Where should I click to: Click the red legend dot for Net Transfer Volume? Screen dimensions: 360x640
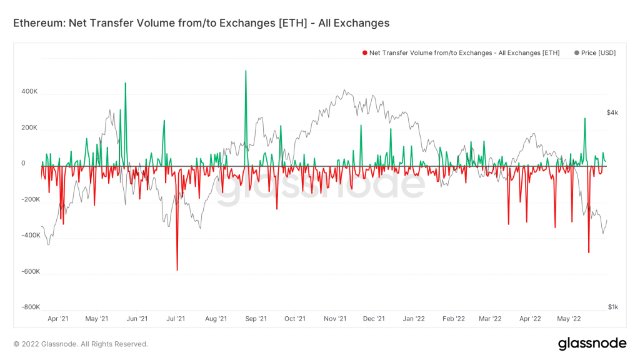(365, 53)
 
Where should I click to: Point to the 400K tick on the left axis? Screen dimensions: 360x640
(30, 92)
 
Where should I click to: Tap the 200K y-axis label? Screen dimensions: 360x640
(30, 128)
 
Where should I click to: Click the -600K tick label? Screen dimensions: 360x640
(29, 272)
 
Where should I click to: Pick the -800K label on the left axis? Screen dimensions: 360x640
(29, 307)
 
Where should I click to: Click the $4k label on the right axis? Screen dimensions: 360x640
(612, 112)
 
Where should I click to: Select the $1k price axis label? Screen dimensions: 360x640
(612, 307)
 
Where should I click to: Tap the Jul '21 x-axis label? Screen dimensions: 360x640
(176, 319)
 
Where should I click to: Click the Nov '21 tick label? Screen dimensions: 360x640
(335, 319)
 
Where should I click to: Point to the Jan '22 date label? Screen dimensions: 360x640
(414, 319)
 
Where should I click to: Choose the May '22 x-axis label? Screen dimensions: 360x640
(568, 319)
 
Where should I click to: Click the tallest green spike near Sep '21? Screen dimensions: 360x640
(246, 71)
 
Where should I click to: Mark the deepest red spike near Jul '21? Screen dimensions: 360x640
(177, 269)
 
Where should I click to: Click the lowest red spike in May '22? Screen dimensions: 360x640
(589, 252)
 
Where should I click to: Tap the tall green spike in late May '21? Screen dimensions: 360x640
(126, 84)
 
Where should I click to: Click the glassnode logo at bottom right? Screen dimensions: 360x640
(591, 343)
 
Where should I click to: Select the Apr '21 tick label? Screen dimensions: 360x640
(58, 319)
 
